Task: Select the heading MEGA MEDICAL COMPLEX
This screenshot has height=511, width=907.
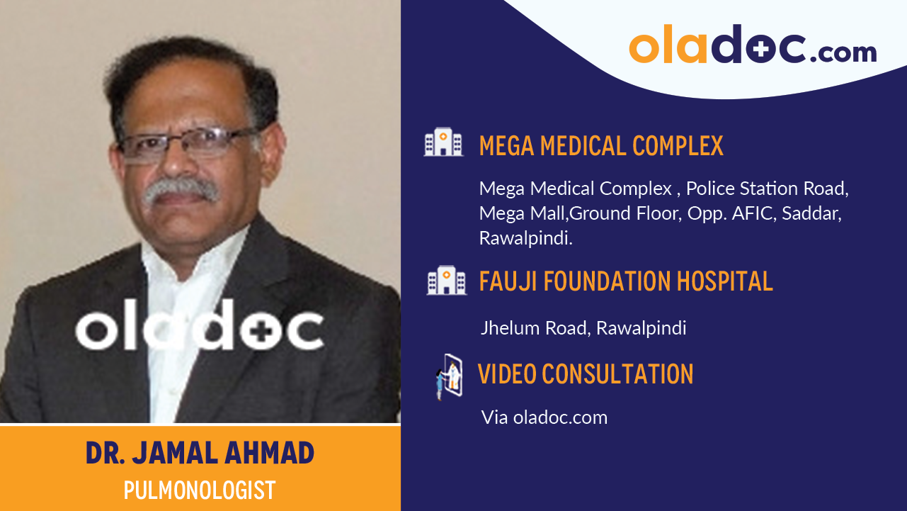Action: click(x=601, y=146)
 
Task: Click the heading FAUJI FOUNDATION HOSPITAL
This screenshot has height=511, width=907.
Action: click(x=626, y=281)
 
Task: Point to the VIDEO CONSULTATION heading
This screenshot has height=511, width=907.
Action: click(x=586, y=374)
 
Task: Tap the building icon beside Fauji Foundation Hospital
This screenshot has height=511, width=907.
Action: click(x=446, y=280)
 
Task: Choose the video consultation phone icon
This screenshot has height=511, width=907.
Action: click(x=449, y=376)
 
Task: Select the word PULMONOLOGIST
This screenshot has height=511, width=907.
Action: click(x=200, y=490)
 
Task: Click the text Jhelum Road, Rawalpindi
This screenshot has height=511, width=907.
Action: click(x=583, y=328)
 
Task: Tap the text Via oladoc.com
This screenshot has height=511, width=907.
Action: click(x=544, y=417)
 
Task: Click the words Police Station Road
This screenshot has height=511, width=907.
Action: click(x=767, y=189)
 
